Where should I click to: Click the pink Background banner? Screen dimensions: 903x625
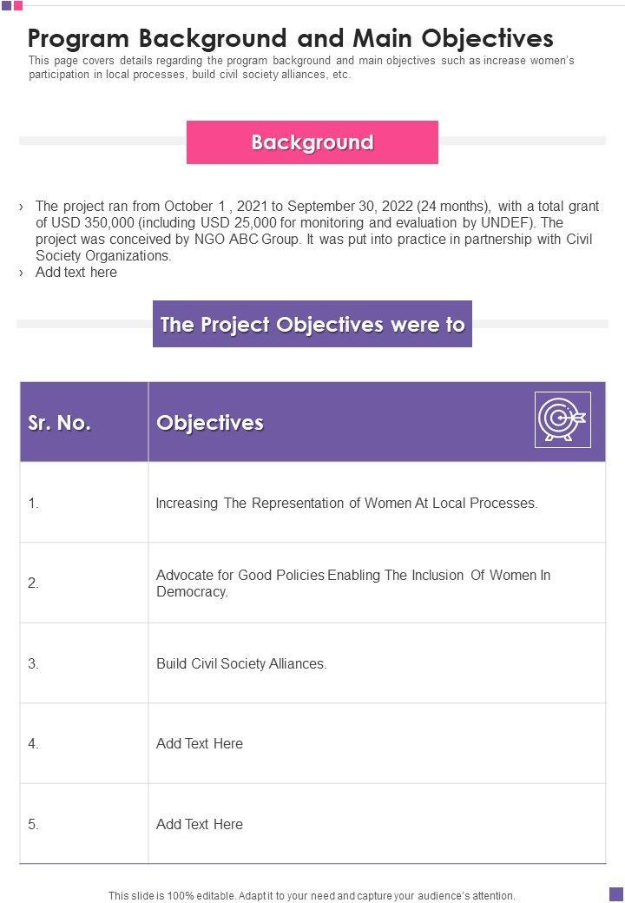point(312,142)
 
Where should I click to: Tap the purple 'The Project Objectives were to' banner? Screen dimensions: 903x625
point(312,325)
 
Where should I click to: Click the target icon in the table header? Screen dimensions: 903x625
point(562,420)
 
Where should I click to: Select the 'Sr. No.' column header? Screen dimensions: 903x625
point(60,423)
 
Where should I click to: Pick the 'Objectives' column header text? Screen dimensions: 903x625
point(210,423)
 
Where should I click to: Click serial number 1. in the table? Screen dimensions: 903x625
point(34,503)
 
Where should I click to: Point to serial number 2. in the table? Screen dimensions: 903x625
point(34,583)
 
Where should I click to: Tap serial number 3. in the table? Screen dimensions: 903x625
point(34,663)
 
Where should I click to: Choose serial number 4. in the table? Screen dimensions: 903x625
point(34,744)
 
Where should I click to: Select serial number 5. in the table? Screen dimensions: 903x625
point(34,824)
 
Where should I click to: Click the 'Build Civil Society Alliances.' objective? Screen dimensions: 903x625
point(241,663)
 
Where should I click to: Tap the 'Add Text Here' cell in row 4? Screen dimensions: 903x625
point(200,744)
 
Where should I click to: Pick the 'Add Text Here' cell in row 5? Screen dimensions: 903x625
point(200,824)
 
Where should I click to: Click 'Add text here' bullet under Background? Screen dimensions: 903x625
point(76,273)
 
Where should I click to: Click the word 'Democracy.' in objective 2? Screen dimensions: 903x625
point(192,592)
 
